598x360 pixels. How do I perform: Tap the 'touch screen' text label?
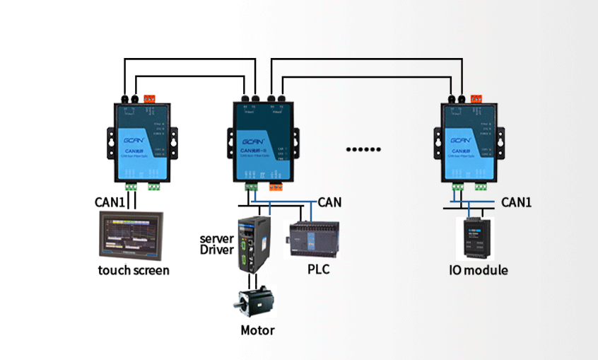click(134, 270)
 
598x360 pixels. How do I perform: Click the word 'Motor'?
click(257, 330)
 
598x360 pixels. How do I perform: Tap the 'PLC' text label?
click(318, 269)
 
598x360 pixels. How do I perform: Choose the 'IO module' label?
click(479, 270)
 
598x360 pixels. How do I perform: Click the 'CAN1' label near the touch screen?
click(110, 202)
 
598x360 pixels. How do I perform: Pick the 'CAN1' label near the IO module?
click(516, 202)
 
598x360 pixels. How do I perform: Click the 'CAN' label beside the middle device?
click(329, 202)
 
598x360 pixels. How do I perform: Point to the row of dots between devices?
click(363, 149)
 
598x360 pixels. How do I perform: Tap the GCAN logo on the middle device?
click(254, 134)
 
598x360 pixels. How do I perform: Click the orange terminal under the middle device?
click(276, 187)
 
